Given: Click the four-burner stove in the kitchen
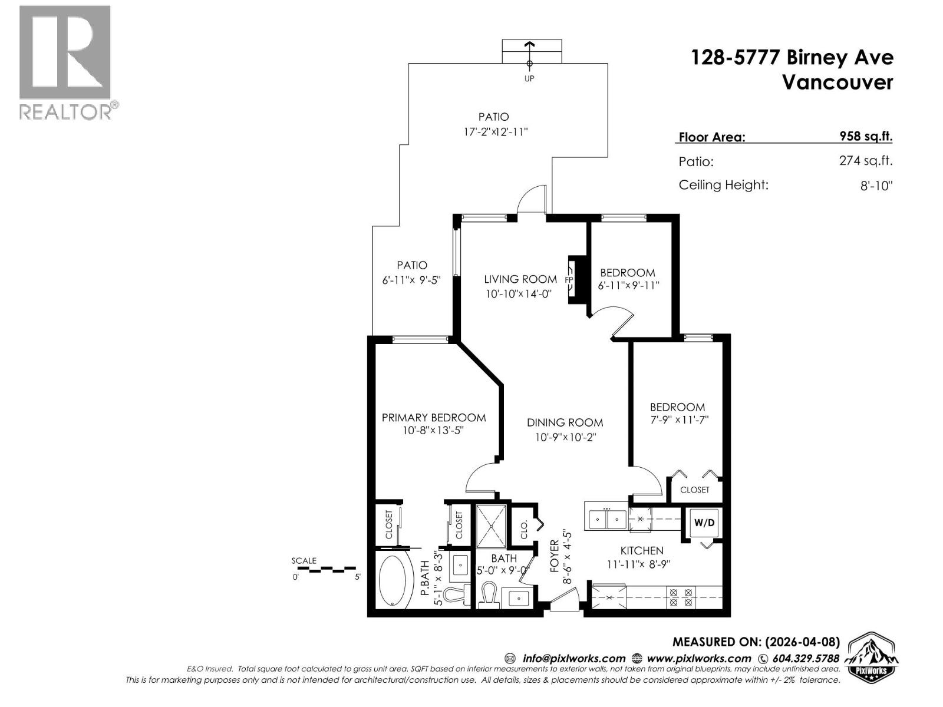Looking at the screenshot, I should (x=680, y=597).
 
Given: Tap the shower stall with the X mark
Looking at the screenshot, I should (x=491, y=526).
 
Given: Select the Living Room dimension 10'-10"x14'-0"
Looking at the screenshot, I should (x=518, y=293).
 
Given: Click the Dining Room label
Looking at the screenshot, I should (x=565, y=422).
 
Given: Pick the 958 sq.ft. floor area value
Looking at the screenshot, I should (x=865, y=136).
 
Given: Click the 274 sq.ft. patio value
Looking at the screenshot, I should (x=865, y=160).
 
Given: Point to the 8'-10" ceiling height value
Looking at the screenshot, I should (x=876, y=186).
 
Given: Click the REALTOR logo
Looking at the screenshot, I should (x=65, y=62).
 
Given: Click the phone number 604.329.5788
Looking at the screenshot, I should (x=804, y=659).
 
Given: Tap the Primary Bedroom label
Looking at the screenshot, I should (x=433, y=418).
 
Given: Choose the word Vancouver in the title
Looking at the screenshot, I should (x=837, y=82).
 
